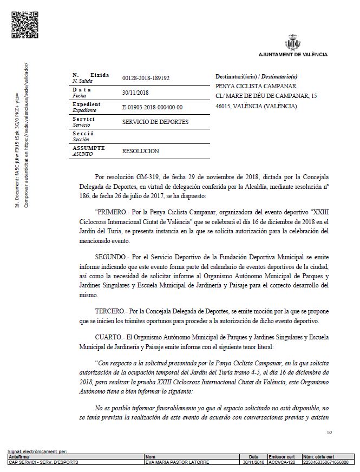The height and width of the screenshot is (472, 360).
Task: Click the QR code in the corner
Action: click(x=22, y=24)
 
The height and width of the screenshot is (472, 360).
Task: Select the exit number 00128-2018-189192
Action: click(x=146, y=78)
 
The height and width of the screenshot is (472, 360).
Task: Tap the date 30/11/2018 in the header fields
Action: click(x=135, y=93)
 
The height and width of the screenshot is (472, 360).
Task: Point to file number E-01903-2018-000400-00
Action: click(x=153, y=107)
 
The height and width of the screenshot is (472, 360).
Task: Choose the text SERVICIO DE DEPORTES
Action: click(x=155, y=122)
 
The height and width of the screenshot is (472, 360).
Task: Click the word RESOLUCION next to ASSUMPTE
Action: click(x=141, y=151)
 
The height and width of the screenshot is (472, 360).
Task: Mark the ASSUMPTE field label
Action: click(x=88, y=148)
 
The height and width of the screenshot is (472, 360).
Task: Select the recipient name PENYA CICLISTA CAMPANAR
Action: click(x=256, y=86)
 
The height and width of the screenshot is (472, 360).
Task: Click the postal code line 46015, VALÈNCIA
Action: click(x=256, y=106)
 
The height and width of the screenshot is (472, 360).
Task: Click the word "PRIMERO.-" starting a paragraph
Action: click(x=112, y=207)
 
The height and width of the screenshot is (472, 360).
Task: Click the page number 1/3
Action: click(x=330, y=432)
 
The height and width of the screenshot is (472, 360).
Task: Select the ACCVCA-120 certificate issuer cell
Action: click(x=282, y=462)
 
